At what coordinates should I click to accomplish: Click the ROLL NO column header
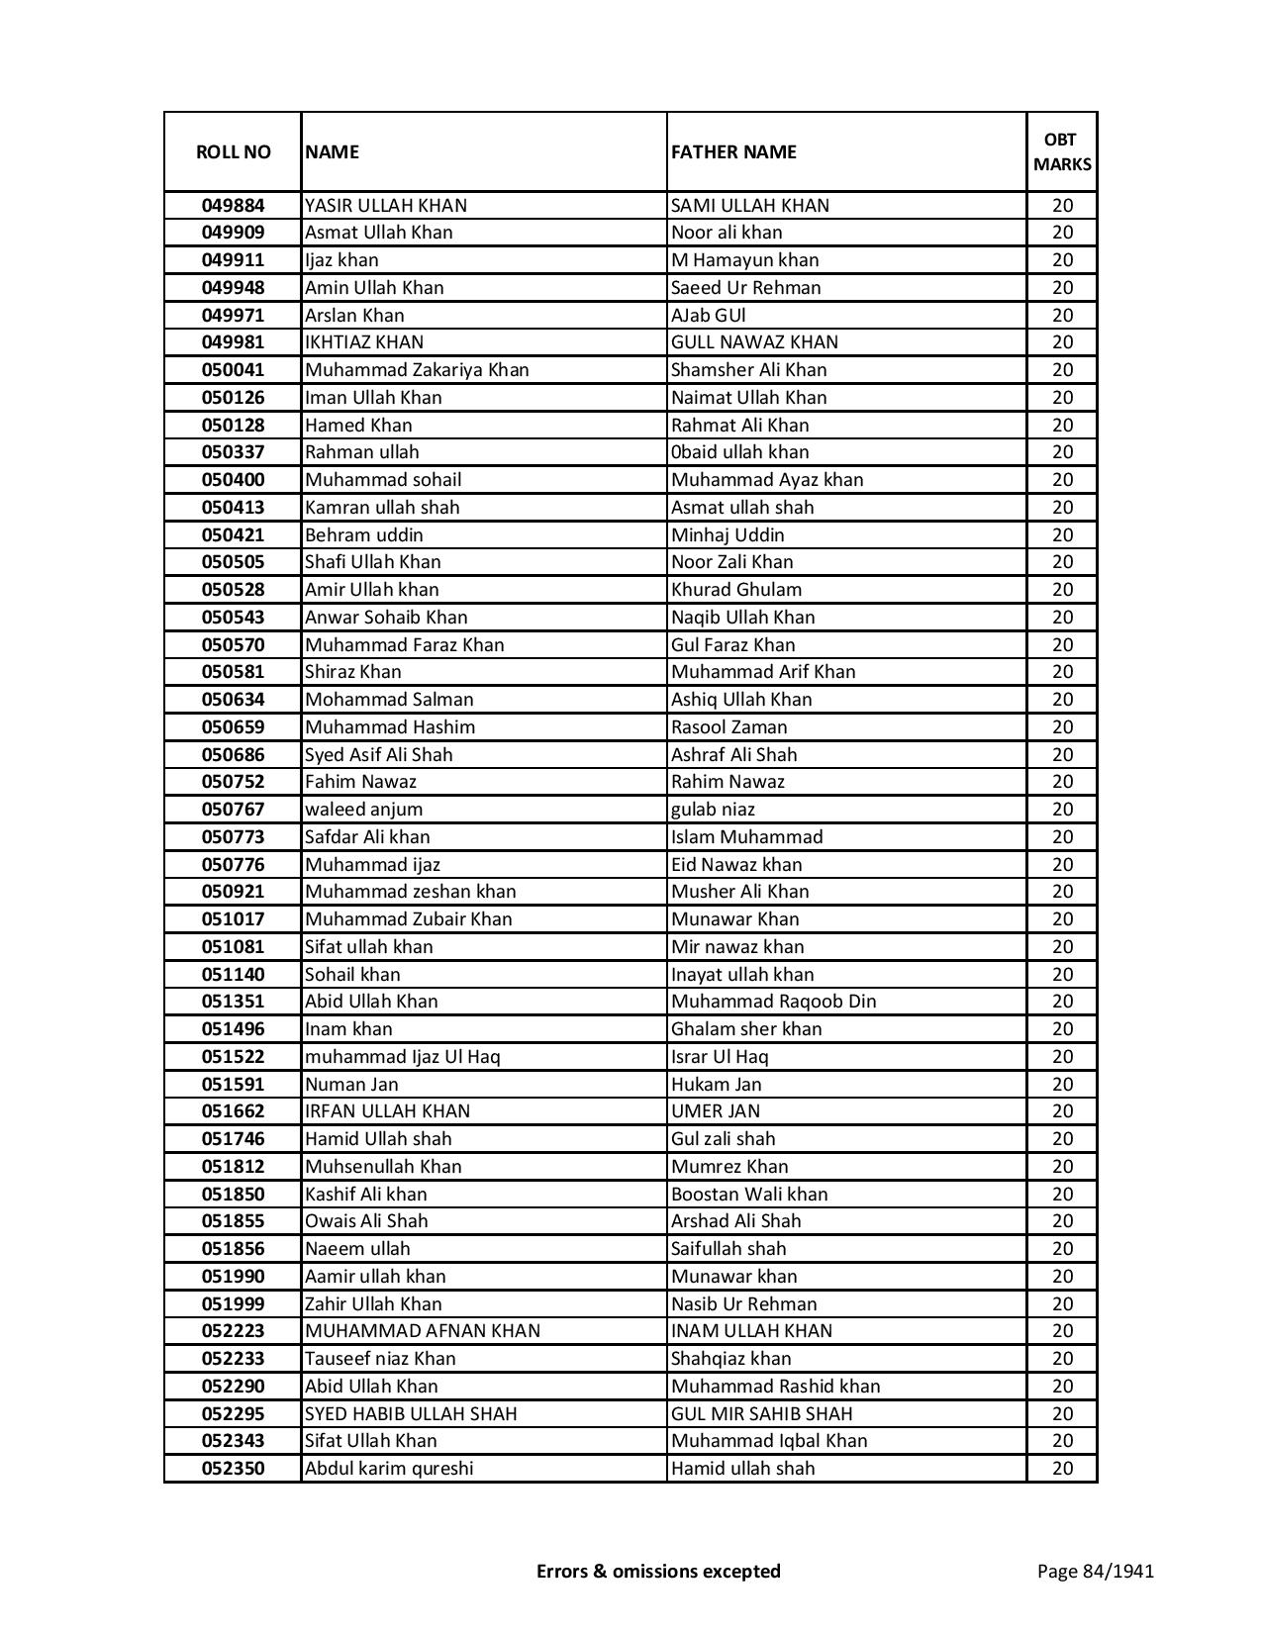[x=233, y=151]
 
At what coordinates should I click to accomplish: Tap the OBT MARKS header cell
[x=1062, y=151]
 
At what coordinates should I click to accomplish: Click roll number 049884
[x=233, y=206]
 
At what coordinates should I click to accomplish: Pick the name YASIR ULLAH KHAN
[x=386, y=206]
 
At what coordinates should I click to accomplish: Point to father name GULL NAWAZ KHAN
[x=754, y=342]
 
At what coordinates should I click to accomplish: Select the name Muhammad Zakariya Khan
[x=417, y=370]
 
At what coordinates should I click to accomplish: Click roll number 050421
[x=233, y=535]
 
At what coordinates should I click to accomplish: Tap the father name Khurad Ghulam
[x=736, y=590]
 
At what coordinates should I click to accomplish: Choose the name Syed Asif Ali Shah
[x=378, y=755]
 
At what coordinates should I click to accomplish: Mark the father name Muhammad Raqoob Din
[x=773, y=1002]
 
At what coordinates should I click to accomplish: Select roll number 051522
[x=233, y=1057]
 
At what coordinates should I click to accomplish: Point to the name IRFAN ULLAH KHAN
[x=387, y=1111]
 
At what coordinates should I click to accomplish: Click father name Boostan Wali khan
[x=749, y=1195]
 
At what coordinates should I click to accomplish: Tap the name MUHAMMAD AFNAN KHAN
[x=423, y=1331]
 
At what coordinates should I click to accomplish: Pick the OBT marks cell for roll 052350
[x=1062, y=1469]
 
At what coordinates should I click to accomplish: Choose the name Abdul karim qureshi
[x=389, y=1469]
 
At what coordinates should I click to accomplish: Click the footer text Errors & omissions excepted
[x=658, y=1571]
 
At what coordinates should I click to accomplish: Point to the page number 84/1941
[x=1095, y=1571]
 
